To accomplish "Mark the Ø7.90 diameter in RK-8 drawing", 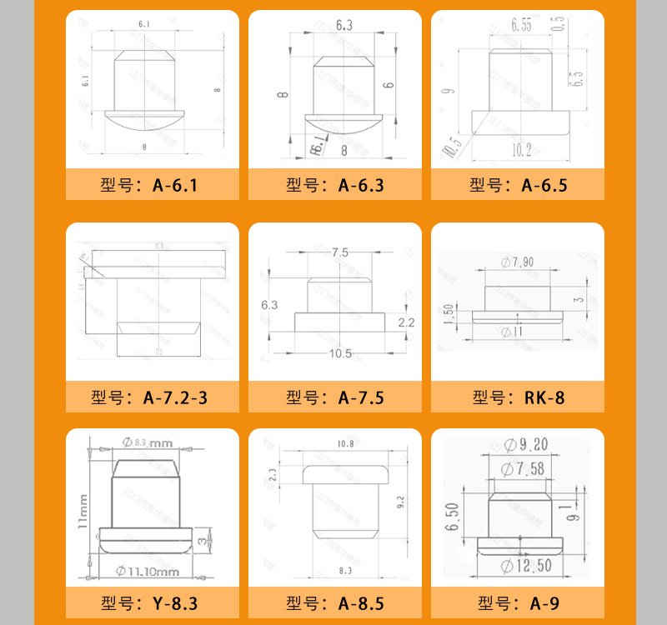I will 518,262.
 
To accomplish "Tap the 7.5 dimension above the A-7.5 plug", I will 340,252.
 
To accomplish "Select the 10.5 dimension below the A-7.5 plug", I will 340,353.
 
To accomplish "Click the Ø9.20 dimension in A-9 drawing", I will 524,444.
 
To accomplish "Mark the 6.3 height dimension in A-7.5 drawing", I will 269,305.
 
